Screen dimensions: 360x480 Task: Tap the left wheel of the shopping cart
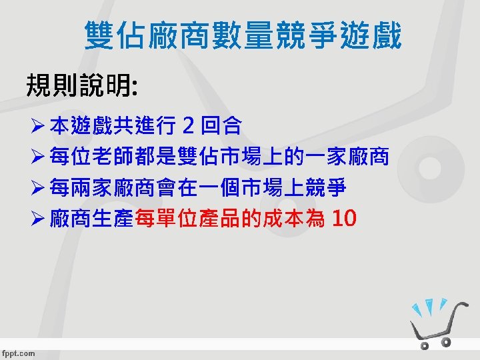pos(424,345)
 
